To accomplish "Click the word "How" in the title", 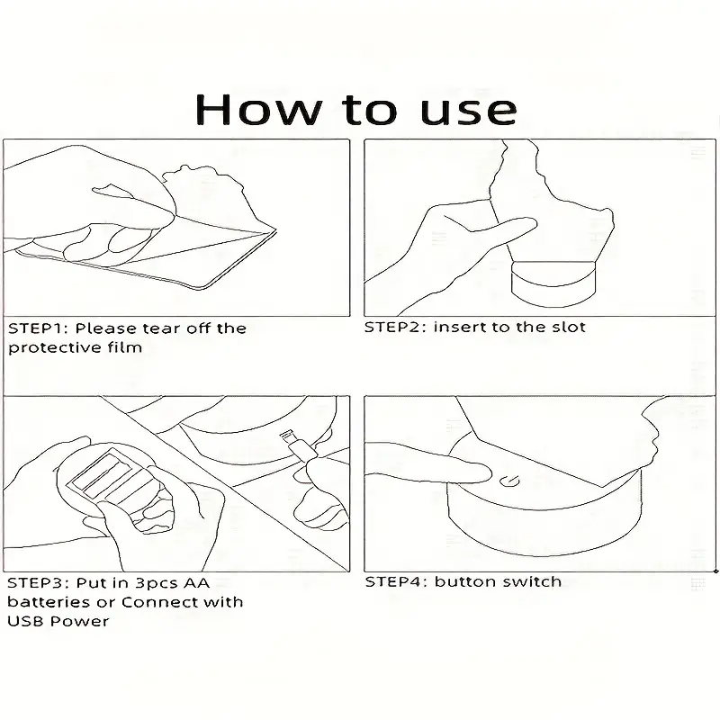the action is (258, 109).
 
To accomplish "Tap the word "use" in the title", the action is (468, 112).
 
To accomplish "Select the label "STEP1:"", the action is (38, 328).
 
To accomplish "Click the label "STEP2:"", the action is (395, 327).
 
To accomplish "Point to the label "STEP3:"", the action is (38, 582).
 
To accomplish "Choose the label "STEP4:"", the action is (396, 581).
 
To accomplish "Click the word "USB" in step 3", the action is (26, 621).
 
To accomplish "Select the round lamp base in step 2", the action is (553, 283).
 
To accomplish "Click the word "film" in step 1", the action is (125, 346).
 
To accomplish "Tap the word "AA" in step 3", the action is (196, 582).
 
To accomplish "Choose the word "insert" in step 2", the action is (459, 327).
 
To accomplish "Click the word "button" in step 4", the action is (465, 581).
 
